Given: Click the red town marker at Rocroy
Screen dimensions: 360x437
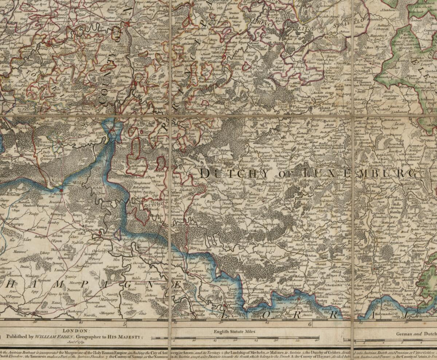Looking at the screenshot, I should [x=61, y=190].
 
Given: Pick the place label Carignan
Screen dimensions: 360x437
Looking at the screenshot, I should [x=196, y=271].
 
